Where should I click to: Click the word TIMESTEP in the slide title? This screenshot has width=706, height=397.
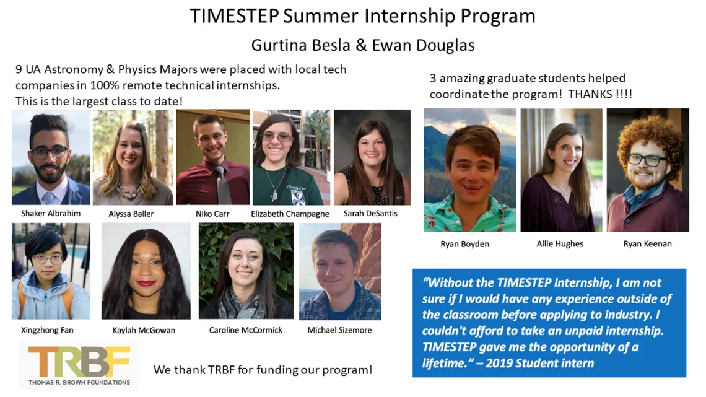coord(234,15)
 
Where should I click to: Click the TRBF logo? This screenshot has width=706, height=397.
coord(79,365)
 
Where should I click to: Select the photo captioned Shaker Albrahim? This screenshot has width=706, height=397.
coord(51,157)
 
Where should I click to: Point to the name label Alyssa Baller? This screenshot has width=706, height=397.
coord(131,214)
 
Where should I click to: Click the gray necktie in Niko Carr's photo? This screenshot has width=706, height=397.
coord(222,185)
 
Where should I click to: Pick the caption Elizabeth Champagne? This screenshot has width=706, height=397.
coord(290,214)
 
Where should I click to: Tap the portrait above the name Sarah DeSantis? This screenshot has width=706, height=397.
coord(372,157)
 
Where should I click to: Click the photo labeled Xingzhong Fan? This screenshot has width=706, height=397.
coord(51,271)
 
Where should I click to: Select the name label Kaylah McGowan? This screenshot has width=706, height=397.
coord(144,330)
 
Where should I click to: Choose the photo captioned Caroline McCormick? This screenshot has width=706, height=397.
coord(246,271)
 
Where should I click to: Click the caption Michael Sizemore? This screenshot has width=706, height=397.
coord(339,330)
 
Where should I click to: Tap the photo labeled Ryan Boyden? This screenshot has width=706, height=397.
coord(469,170)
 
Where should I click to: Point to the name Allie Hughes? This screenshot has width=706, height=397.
coord(560,244)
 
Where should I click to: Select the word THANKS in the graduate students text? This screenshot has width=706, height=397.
coord(590,94)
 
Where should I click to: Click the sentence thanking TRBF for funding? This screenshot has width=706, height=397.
coord(263,370)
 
